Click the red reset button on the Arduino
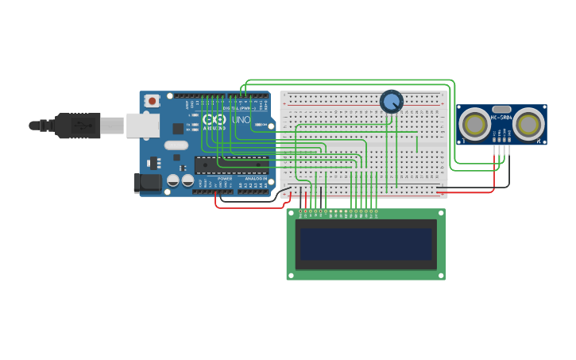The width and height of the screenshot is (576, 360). pos(151,101)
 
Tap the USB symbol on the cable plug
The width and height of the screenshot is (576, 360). pos(80,126)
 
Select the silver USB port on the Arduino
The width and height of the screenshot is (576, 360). pos(143,125)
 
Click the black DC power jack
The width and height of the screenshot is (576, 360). pos(148,183)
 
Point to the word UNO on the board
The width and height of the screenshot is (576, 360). pos(241,120)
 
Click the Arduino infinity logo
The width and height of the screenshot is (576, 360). pos(214,118)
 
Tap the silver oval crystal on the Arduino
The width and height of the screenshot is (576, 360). pos(176,145)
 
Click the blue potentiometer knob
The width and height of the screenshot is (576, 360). pos(391,101)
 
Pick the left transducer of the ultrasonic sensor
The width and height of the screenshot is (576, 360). pos(475,124)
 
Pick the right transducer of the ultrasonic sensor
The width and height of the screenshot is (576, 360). pos(528,124)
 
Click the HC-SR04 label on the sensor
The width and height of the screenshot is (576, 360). pos(501,118)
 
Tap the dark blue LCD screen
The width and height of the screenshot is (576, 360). pos(365,244)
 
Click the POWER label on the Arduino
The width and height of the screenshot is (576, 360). pos(225,179)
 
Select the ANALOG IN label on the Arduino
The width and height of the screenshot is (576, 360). pos(256,179)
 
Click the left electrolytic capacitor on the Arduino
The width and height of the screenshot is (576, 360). pos(172,180)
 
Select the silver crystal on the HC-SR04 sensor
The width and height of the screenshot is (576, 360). pos(501,109)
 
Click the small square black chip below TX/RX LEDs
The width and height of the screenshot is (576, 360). pos(178,129)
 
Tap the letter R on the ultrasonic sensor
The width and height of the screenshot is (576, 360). pos(539,141)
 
